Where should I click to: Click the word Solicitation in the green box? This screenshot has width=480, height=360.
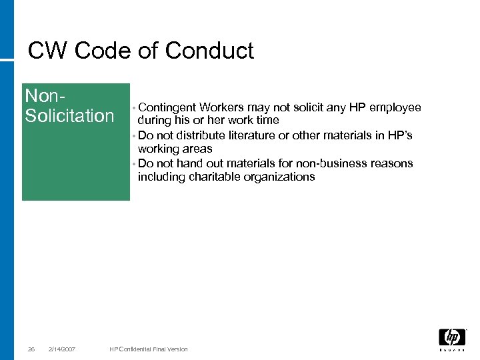69,116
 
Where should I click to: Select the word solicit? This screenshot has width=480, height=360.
304,107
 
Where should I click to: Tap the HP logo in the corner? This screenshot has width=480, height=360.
452,338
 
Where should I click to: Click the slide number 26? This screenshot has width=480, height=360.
31,349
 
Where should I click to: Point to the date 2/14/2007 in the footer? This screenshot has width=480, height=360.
62,349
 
